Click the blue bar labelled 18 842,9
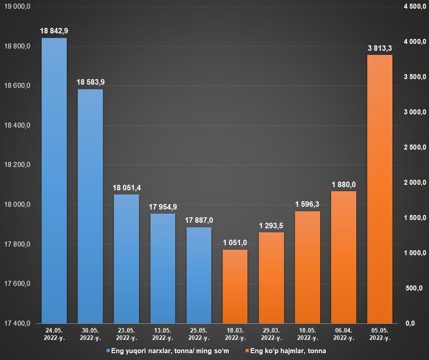coord(54,181)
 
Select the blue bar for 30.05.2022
coord(90,206)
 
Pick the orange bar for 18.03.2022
coord(235,286)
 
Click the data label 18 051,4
coord(126,188)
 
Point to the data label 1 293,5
coord(271,226)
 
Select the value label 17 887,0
coord(199,220)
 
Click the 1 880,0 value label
coord(344,184)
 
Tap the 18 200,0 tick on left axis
coord(17,165)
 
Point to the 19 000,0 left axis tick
coord(17,6)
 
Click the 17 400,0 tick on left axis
coord(17,323)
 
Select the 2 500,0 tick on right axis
coord(415,147)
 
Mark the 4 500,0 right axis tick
coord(415,6)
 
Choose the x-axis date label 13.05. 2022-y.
coord(162,334)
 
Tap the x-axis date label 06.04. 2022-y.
coord(343,334)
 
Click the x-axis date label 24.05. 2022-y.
coord(54,334)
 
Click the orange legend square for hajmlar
coord(247,351)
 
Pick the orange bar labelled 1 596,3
coord(307,267)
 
